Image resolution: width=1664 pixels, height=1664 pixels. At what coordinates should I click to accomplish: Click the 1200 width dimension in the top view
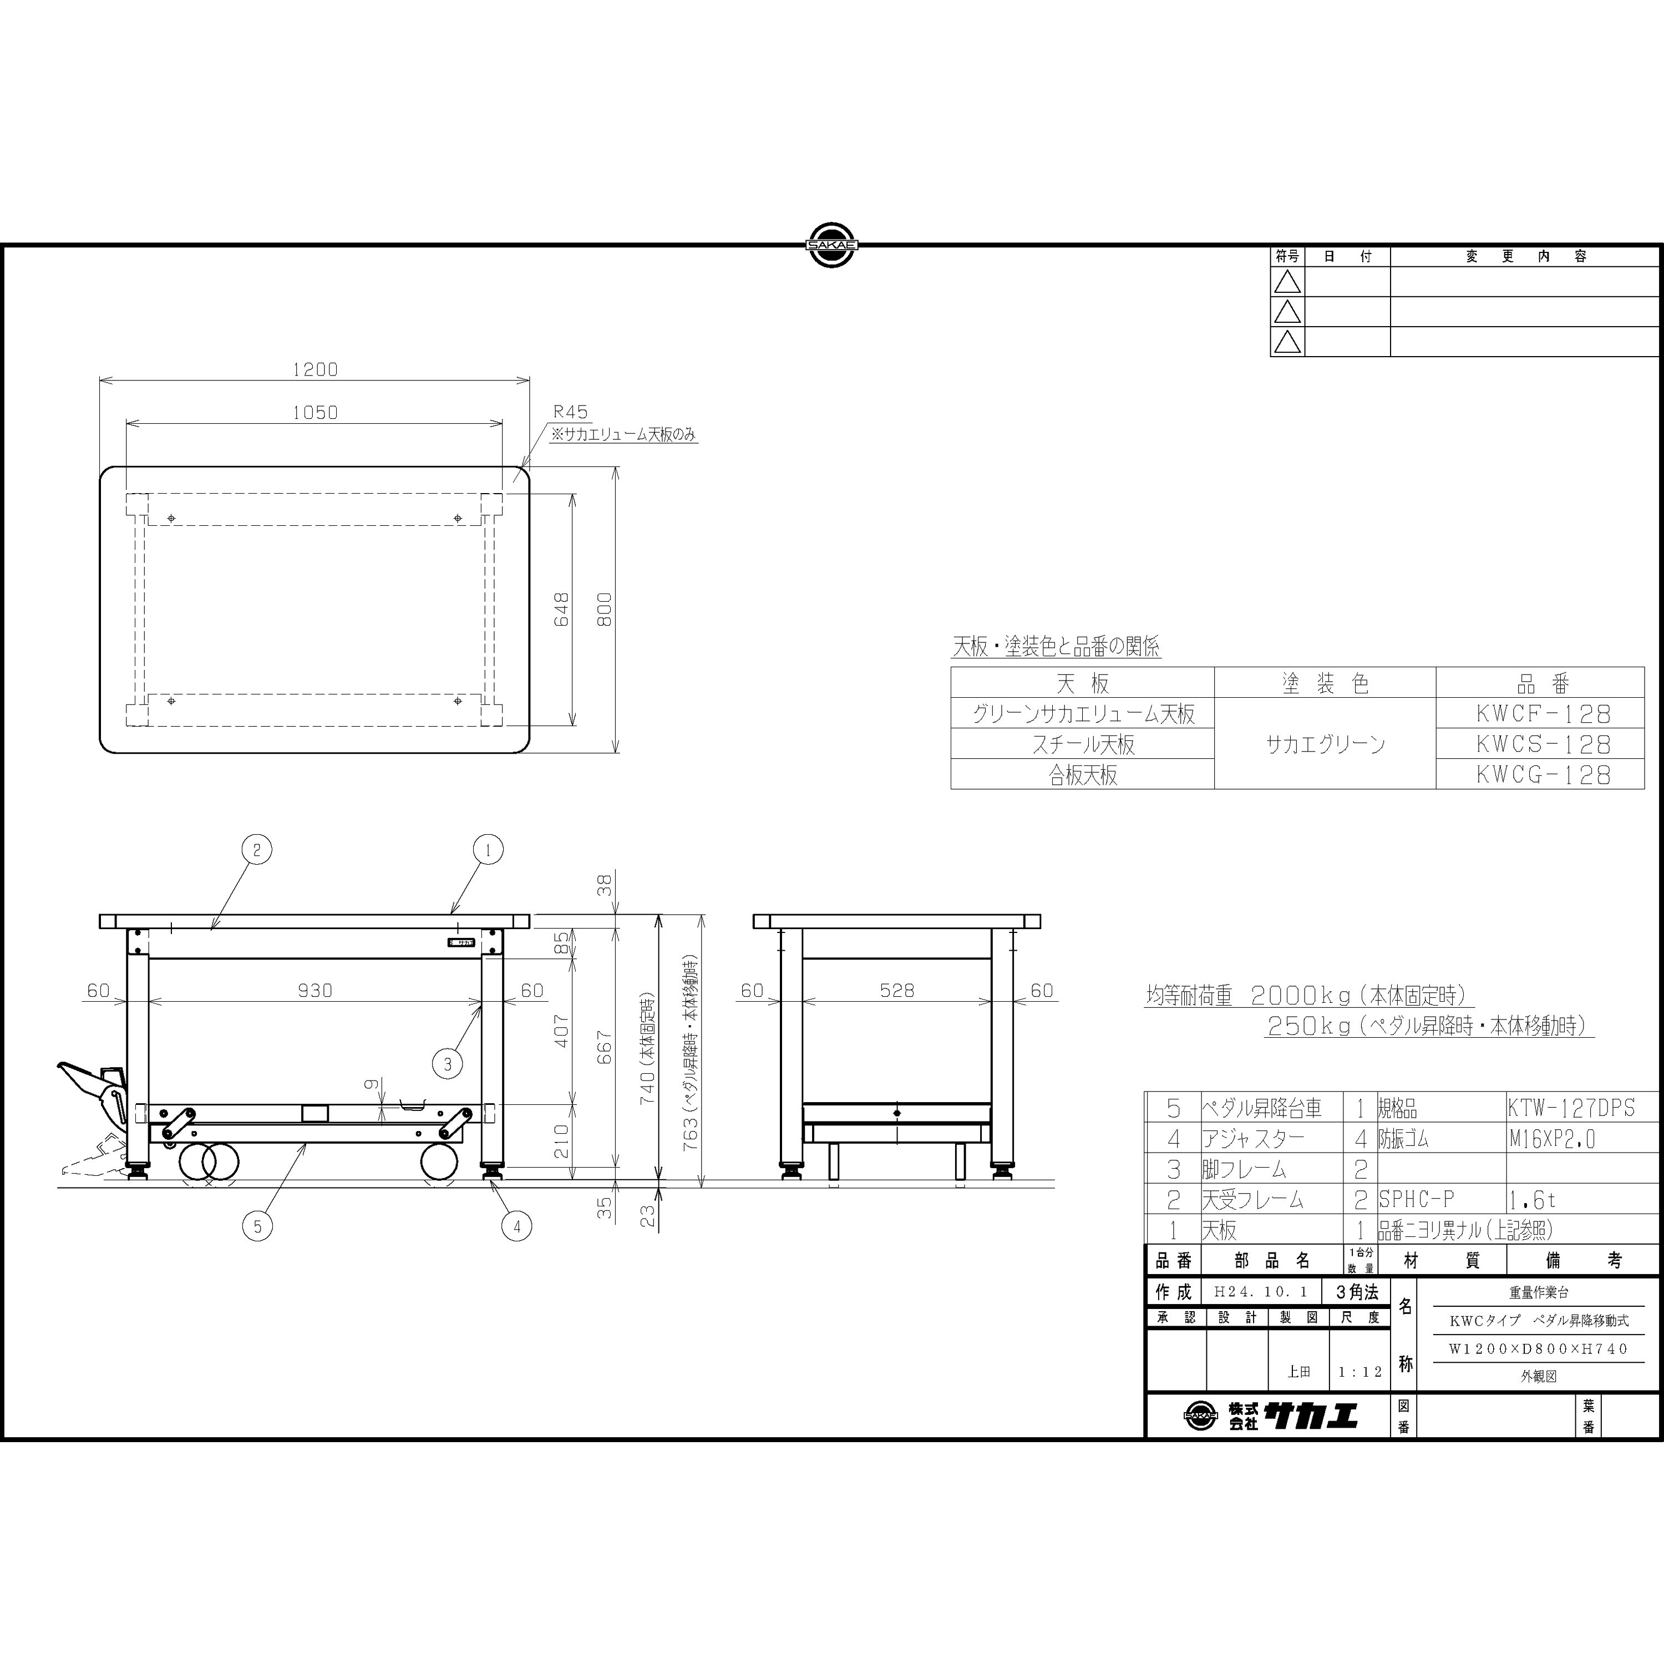(314, 369)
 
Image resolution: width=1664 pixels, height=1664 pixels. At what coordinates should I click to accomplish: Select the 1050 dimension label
(314, 413)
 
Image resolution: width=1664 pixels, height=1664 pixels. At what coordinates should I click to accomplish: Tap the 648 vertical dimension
(561, 609)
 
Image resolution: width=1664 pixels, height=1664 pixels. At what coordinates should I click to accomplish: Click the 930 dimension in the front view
(314, 991)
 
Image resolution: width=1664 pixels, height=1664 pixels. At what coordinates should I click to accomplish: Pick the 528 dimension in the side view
(896, 991)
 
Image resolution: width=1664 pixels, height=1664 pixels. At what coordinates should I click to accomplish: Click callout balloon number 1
(488, 850)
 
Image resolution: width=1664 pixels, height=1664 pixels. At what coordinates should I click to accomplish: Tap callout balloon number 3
(448, 1064)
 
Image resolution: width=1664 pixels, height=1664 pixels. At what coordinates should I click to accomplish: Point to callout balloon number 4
(517, 1226)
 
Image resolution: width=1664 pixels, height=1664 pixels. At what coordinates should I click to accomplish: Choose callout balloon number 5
(257, 1226)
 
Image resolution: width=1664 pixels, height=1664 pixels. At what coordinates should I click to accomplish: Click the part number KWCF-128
(1543, 714)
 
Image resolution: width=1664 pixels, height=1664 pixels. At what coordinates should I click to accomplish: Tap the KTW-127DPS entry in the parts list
(1571, 1108)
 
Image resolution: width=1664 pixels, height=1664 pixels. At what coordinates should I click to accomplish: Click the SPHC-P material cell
(1416, 1199)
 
